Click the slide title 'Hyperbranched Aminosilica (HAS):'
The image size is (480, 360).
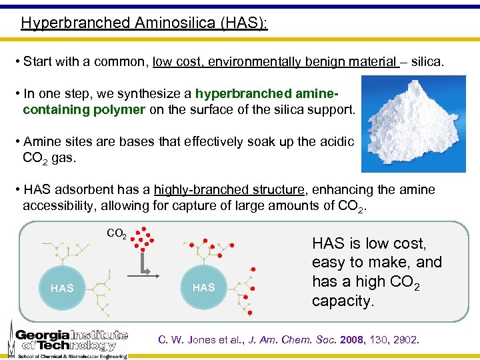point(144,23)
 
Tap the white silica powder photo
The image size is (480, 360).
point(413,124)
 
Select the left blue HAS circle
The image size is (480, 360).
point(62,288)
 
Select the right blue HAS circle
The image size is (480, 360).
point(203,287)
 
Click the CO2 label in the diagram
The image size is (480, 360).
point(117,234)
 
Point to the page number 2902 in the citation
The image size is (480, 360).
point(405,340)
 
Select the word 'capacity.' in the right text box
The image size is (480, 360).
point(343,301)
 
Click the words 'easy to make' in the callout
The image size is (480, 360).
point(353,263)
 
